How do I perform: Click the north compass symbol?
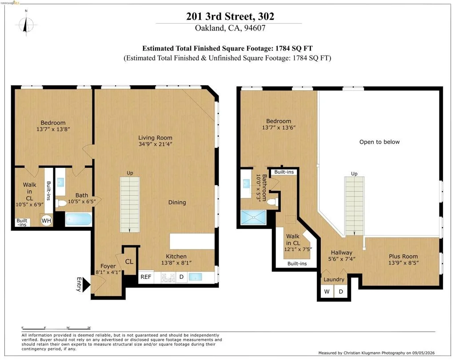26,25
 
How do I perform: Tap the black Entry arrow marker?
87,285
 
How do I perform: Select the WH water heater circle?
46,221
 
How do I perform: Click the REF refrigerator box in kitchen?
146,277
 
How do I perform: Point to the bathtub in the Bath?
78,219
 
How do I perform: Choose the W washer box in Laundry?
327,291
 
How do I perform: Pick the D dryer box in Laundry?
341,291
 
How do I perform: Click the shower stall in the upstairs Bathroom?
253,218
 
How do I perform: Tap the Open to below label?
379,142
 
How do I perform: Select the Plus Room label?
403,256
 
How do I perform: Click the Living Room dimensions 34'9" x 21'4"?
155,144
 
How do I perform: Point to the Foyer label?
108,266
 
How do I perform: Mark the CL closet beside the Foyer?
129,261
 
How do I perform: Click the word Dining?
177,202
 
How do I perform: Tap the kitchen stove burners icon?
168,277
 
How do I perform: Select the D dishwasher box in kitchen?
181,277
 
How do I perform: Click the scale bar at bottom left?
56,328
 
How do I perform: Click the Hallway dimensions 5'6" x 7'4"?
342,259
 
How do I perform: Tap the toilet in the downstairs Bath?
60,202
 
